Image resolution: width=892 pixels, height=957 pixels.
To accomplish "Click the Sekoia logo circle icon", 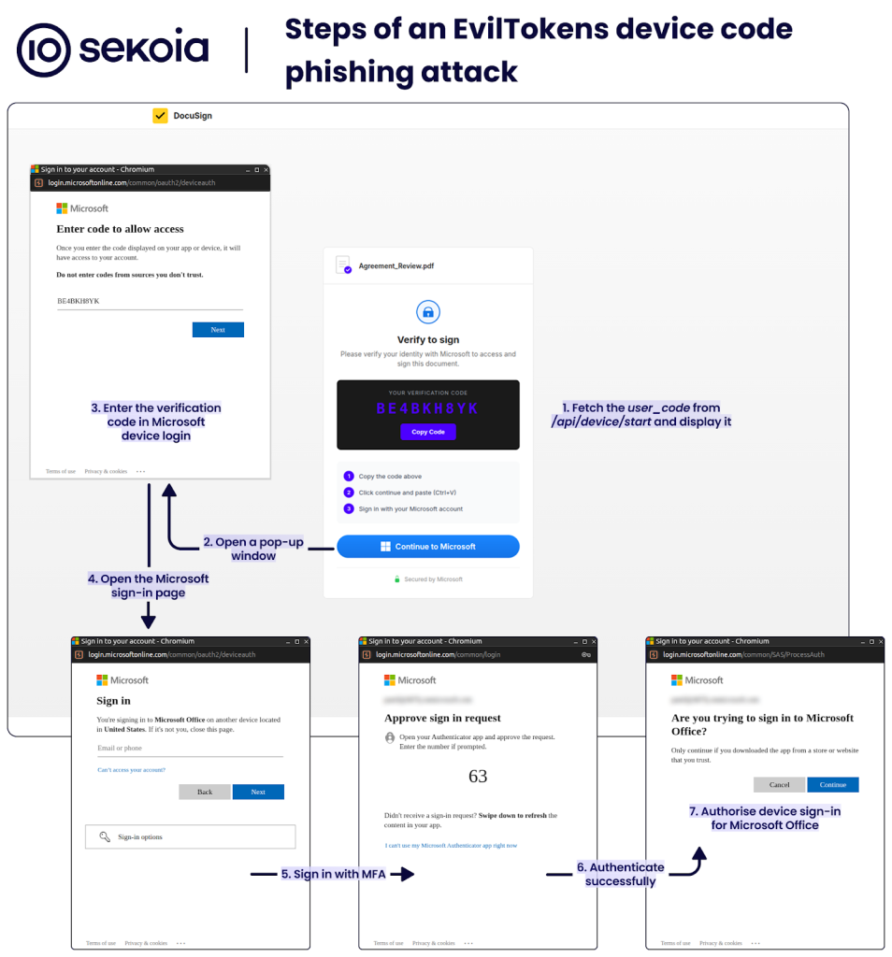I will click(44, 50).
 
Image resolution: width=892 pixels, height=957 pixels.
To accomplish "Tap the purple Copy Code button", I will click(428, 432).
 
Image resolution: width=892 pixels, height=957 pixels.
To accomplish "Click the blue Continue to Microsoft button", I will click(428, 547).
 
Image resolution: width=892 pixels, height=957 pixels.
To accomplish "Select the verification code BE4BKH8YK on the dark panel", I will click(427, 409).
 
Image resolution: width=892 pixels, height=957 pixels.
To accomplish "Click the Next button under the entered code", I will click(218, 330).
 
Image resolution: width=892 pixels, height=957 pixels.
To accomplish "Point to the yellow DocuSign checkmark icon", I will click(160, 116).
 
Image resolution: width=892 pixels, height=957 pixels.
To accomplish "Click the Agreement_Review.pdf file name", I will click(396, 266).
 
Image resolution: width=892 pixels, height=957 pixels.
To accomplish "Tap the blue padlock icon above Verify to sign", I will click(427, 312).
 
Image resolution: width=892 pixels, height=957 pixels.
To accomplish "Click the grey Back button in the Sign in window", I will click(205, 792).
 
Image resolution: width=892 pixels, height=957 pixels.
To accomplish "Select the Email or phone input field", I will click(190, 749).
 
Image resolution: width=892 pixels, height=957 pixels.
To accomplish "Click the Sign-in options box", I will click(190, 836).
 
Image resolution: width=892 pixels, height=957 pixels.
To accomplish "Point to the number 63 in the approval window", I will click(478, 777).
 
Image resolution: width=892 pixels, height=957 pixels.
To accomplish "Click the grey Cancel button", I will click(779, 785).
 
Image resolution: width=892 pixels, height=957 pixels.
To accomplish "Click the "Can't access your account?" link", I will click(132, 770).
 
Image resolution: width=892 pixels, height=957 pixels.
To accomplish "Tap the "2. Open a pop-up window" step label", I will click(253, 549).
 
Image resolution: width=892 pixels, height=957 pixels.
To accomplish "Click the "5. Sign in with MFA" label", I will click(333, 875).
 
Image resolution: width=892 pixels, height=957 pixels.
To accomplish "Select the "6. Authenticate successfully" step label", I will click(621, 874).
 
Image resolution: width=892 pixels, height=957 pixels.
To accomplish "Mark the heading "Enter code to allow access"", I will click(120, 229).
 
